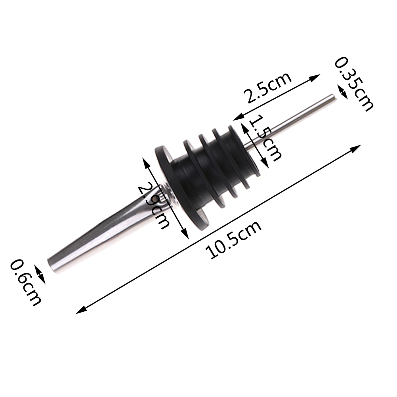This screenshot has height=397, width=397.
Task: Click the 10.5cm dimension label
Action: [x=233, y=240]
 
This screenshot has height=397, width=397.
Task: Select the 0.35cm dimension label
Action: [x=354, y=84]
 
